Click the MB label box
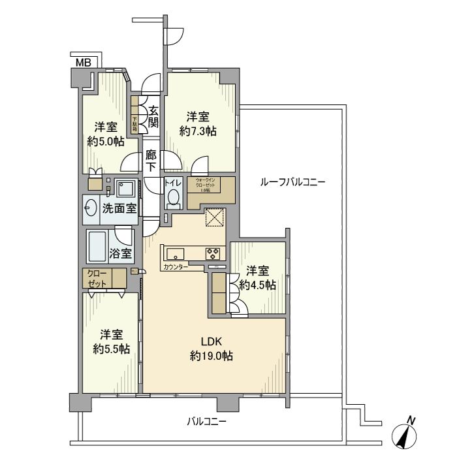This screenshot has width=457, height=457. point(84,63)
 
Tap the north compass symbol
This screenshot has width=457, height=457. point(405,433)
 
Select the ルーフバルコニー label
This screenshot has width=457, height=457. point(292,182)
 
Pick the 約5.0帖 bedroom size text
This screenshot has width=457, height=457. point(104,141)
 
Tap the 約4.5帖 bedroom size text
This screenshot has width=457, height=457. point(257,285)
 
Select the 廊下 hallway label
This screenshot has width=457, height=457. point(151,161)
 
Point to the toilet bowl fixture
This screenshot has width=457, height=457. point(173,198)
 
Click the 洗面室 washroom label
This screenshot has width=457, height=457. point(119,208)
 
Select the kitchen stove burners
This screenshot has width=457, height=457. point(214,253)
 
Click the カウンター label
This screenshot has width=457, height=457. point(176,267)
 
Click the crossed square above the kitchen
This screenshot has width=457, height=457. point(215,217)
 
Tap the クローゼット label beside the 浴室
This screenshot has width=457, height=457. point(95,278)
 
